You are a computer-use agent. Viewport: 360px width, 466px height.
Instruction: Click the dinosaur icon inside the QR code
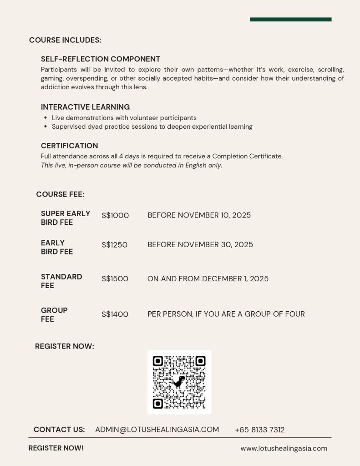(x=179, y=382)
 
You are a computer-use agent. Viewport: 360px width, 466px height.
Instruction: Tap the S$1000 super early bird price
(x=115, y=216)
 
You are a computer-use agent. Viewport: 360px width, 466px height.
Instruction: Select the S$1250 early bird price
(x=114, y=245)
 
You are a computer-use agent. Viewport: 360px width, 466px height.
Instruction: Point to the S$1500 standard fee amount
(x=115, y=279)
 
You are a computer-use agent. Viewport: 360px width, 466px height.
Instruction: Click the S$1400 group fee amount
(x=115, y=314)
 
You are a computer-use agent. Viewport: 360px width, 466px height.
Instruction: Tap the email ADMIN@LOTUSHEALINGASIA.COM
(x=157, y=430)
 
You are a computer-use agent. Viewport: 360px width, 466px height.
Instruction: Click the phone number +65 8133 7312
(x=259, y=430)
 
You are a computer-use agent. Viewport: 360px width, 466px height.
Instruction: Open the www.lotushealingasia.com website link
(x=284, y=448)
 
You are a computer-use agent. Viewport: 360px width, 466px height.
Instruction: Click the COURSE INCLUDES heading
(x=65, y=40)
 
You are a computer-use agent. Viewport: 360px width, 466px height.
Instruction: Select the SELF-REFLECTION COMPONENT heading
(x=101, y=59)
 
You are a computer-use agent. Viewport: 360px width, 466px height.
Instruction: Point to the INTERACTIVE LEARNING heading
(x=85, y=107)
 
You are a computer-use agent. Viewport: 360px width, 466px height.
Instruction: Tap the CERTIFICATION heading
(x=69, y=146)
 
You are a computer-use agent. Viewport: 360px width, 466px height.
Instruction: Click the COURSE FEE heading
(x=60, y=194)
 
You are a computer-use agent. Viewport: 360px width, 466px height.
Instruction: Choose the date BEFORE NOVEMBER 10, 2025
(x=199, y=215)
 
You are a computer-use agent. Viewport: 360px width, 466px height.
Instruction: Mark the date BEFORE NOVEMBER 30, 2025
(x=200, y=245)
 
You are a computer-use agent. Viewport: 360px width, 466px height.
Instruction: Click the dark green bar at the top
(x=290, y=20)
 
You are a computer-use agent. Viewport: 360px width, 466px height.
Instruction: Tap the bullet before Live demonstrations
(x=46, y=118)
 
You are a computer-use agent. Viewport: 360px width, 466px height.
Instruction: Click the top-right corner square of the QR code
(x=200, y=361)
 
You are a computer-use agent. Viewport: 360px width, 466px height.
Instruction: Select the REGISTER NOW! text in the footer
(x=56, y=448)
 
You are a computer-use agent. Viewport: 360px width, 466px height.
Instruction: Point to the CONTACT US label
(x=59, y=430)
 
